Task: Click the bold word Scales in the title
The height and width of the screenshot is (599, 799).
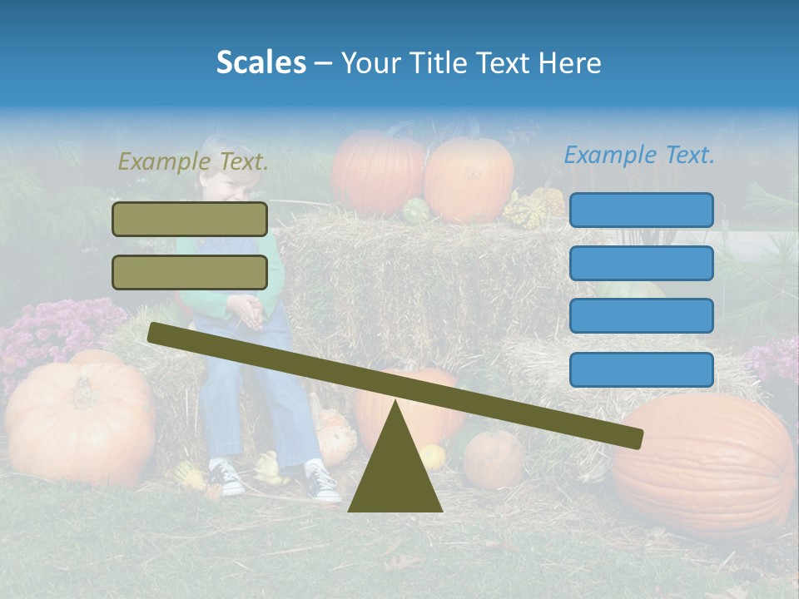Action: coord(261,62)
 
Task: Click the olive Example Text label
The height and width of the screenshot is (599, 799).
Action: coord(193,161)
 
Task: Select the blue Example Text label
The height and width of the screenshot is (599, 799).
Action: coord(639,155)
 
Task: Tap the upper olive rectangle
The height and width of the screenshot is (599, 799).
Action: coord(190,219)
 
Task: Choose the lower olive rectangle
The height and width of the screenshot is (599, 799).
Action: coord(190,272)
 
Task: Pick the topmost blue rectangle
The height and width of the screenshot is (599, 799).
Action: coord(641,210)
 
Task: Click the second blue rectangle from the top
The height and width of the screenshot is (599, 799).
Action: coord(641,263)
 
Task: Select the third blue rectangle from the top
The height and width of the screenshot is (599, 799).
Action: coord(641,316)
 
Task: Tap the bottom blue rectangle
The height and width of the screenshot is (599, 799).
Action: coord(641,369)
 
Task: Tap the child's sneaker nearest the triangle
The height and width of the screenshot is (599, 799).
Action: coord(321,483)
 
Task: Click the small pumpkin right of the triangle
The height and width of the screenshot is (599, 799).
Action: coord(493,458)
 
